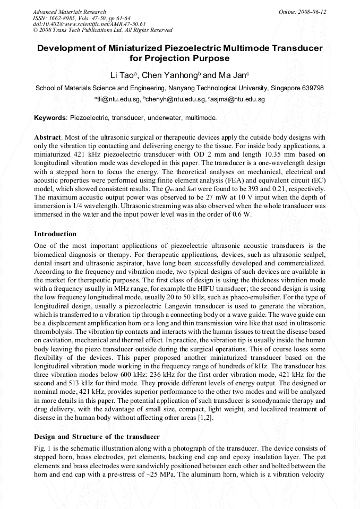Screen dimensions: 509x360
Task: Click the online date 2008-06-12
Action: point(313,12)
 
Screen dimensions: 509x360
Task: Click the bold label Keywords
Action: point(50,118)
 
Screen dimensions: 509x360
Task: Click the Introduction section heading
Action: point(55,234)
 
